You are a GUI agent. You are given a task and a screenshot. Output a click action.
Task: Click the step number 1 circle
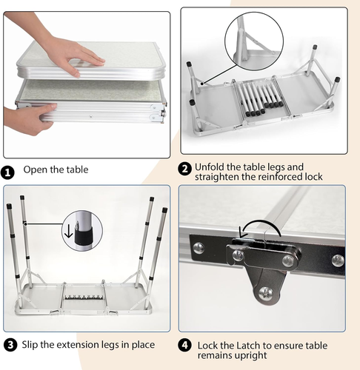point(8,172)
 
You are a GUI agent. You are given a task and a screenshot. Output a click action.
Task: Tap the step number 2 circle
point(184,169)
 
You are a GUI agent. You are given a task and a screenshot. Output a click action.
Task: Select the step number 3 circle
point(10,345)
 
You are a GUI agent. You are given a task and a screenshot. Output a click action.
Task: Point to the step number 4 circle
point(184,345)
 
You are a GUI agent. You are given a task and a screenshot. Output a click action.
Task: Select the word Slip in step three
point(30,345)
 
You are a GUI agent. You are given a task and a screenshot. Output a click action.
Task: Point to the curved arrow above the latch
point(259,226)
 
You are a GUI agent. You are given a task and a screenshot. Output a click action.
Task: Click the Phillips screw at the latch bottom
point(266,294)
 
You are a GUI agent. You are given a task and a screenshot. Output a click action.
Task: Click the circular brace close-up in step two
point(254,41)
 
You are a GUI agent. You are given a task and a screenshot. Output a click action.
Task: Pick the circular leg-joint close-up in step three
point(82,231)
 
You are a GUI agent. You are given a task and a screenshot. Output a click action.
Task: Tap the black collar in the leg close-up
point(84,237)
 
